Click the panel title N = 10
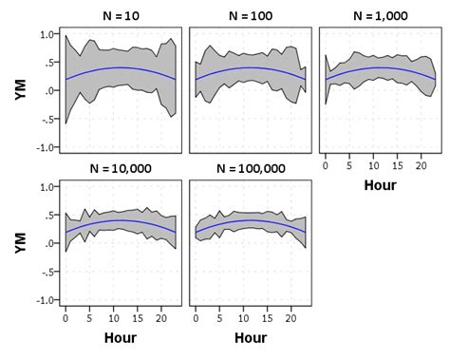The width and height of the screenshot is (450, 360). [x=121, y=16]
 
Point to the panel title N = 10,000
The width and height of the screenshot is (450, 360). [x=121, y=168]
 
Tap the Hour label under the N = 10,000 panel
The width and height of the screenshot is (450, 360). [x=121, y=337]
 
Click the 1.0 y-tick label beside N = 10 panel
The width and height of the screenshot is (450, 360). [x=46, y=34]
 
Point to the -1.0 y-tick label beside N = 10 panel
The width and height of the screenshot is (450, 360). [x=44, y=148]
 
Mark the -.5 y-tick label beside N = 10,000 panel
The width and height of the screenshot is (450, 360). [x=46, y=272]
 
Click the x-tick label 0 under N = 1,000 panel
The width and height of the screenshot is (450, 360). [x=325, y=165]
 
